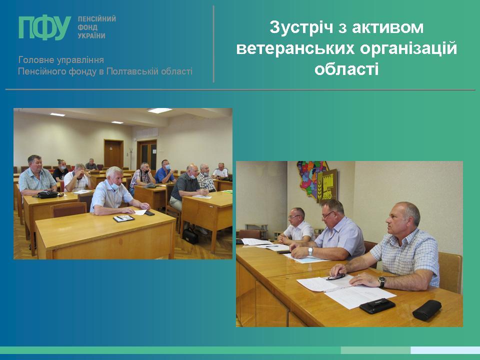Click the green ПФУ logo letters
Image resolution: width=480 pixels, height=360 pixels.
[x=44, y=27]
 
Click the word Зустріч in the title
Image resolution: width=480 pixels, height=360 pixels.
[x=301, y=27]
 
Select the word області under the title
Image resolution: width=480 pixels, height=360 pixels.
[x=346, y=69]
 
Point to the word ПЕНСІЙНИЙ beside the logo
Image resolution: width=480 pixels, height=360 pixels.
[x=96, y=19]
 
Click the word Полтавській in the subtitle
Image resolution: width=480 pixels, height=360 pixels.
[x=132, y=71]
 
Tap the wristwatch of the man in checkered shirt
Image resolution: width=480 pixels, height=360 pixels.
[x=381, y=281]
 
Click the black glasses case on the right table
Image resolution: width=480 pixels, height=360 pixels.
[x=426, y=310]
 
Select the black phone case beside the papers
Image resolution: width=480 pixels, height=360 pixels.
[x=377, y=305]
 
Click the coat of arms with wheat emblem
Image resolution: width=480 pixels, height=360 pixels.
[x=326, y=185]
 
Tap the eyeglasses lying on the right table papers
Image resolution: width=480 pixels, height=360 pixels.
[x=335, y=277]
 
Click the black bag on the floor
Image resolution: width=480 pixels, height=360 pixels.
[x=190, y=236]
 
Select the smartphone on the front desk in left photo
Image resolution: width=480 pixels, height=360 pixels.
[x=149, y=213]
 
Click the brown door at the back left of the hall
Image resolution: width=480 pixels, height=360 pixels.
[x=113, y=153]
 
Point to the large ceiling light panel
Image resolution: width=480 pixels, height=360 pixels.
[x=159, y=110]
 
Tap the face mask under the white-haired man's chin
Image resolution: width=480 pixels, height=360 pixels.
[x=115, y=185]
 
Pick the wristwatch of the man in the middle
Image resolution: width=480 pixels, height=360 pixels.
[x=310, y=251]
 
